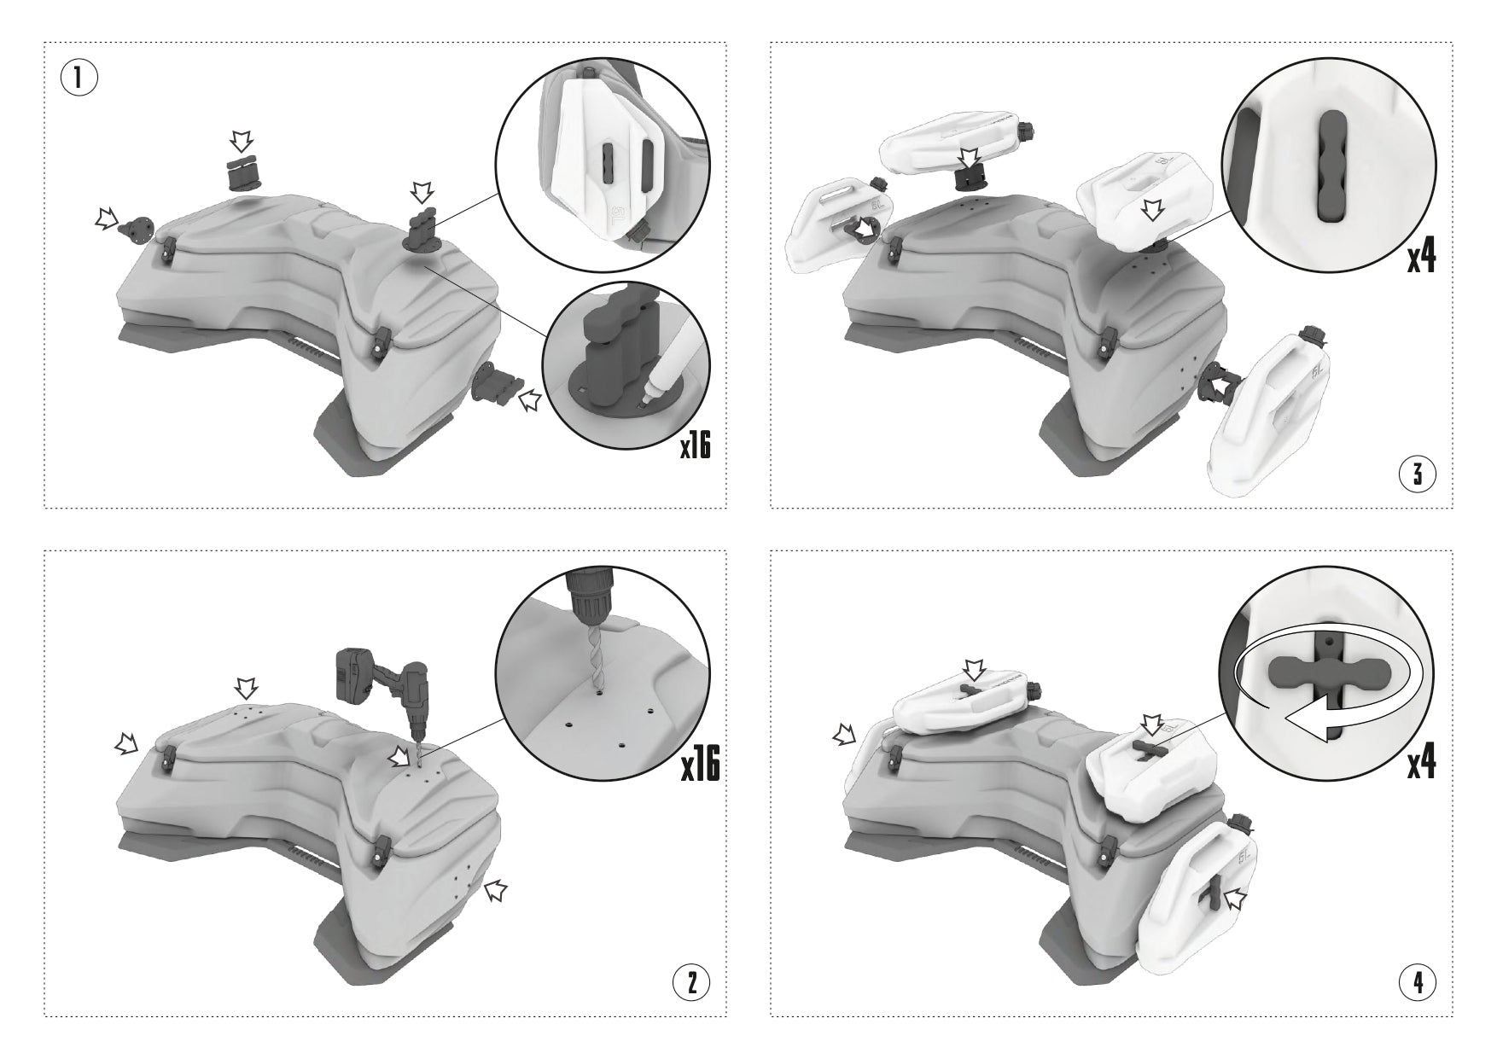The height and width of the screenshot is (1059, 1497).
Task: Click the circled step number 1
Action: coord(78,79)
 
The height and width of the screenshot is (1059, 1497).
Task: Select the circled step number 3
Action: coord(1418,474)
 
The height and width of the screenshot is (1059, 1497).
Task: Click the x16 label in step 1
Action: coord(695,446)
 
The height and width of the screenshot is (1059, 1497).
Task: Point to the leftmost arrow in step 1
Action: coord(107,220)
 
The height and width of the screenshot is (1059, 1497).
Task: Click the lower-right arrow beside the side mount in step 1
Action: coord(531,399)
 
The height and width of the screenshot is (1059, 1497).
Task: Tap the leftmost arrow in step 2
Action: coord(125,746)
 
